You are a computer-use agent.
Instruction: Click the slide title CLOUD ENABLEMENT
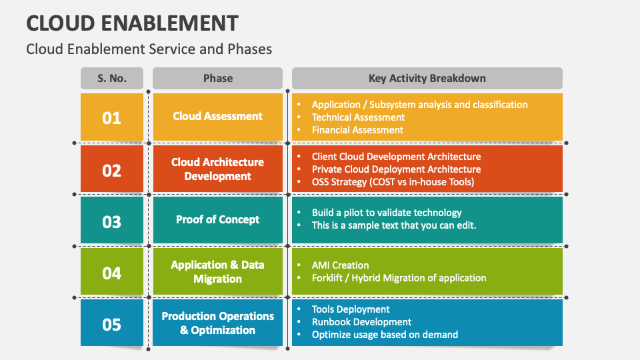132,23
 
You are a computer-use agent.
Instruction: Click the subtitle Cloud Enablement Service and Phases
149,49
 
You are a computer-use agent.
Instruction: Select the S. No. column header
112,78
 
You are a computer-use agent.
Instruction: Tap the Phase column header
218,78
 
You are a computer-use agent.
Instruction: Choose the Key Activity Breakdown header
427,78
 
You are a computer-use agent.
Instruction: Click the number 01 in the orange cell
112,118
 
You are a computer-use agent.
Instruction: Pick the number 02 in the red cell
112,170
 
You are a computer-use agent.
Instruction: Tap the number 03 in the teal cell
112,221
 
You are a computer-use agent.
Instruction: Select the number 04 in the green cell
112,273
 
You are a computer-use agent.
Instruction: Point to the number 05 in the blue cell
112,324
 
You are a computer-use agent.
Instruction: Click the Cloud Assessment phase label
218,116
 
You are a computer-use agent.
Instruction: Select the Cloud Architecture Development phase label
218,169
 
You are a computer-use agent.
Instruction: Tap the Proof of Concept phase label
218,219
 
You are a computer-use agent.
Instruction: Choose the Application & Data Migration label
218,272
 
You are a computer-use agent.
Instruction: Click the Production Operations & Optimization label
218,323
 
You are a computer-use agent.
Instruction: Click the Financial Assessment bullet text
357,130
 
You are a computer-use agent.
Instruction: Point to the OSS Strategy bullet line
393,182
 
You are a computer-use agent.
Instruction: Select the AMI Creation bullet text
340,265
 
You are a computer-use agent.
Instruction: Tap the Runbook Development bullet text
361,322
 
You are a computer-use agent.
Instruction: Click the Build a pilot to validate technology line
387,213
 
